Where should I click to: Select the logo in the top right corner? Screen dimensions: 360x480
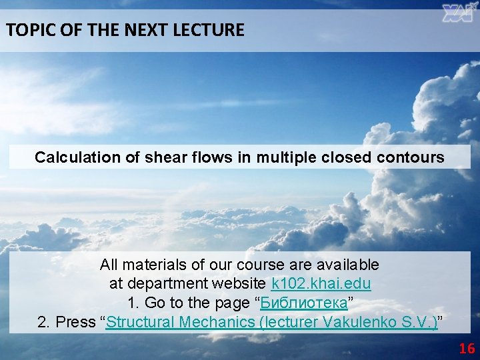459,13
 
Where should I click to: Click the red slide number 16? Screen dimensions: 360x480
467,349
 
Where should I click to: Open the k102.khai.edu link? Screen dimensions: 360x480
321,283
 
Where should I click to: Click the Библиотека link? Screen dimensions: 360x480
303,303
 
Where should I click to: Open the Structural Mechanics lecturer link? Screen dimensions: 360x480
272,323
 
